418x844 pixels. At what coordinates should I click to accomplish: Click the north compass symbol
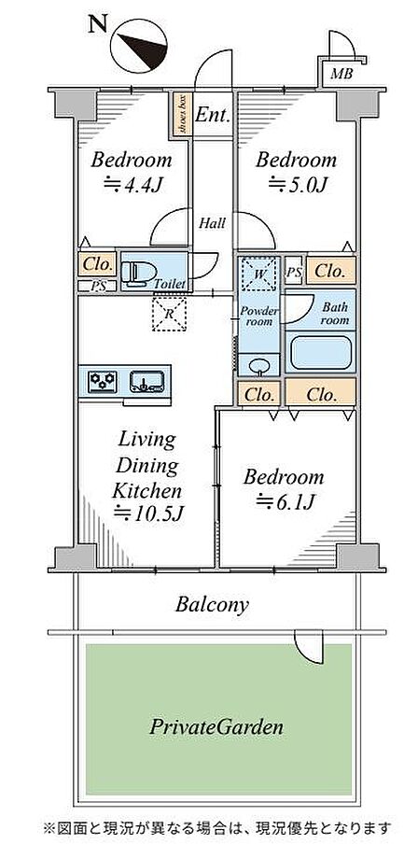[139, 46]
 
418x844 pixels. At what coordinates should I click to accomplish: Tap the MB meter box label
[341, 74]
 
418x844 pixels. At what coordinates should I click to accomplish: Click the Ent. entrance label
[213, 114]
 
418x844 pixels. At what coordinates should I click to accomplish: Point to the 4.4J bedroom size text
[132, 185]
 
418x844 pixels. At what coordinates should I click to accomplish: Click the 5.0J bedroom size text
[298, 185]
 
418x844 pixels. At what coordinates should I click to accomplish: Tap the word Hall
[212, 222]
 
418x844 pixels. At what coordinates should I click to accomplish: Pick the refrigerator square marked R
[170, 314]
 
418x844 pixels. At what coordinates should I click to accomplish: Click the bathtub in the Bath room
[321, 353]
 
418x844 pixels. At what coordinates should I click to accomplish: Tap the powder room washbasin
[259, 366]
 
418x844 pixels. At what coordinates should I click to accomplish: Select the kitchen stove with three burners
[103, 382]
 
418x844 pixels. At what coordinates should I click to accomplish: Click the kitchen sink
[146, 382]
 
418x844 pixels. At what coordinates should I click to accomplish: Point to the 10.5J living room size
[149, 513]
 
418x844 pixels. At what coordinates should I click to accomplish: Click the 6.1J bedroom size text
[286, 502]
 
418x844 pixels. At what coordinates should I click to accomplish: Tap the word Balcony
[212, 605]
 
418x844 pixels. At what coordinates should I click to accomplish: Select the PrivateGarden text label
[216, 727]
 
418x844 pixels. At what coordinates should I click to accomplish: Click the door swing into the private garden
[310, 649]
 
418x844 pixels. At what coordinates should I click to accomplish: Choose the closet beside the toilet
[97, 265]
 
